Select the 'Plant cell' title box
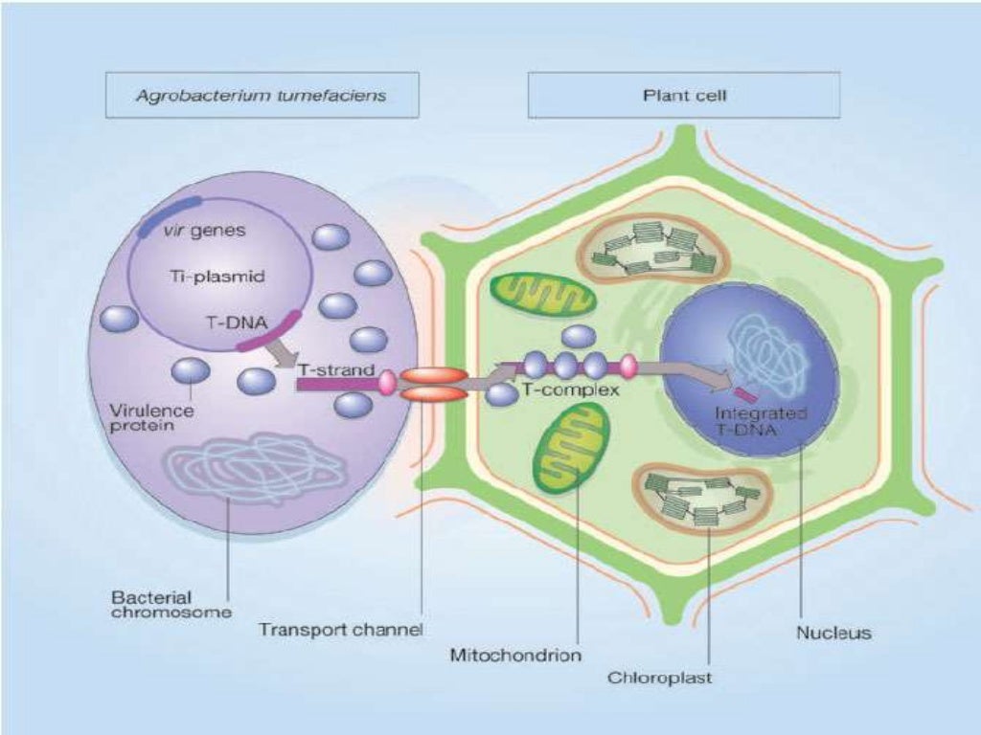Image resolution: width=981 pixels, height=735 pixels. pyautogui.click(x=683, y=96)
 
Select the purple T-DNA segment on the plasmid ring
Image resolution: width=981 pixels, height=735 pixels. pyautogui.click(x=274, y=331)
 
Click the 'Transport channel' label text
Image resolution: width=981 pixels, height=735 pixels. pyautogui.click(x=341, y=630)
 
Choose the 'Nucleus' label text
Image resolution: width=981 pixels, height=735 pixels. pyautogui.click(x=833, y=633)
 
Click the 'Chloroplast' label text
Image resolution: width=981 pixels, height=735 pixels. pyautogui.click(x=660, y=679)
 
